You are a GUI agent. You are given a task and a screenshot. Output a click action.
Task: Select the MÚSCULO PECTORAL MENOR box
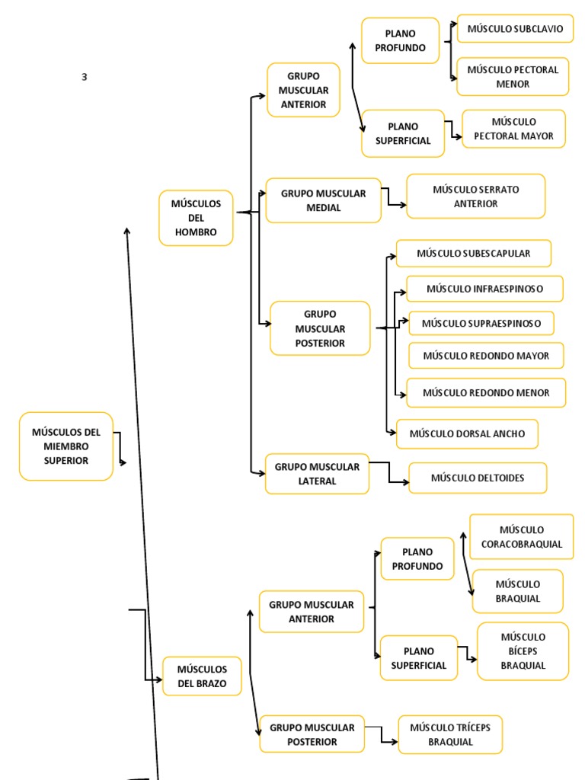513,76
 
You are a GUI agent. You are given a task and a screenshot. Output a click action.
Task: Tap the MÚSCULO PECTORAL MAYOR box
513,129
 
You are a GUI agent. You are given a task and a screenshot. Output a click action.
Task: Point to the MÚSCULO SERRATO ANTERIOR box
475,196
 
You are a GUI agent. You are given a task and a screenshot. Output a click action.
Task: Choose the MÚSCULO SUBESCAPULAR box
473,253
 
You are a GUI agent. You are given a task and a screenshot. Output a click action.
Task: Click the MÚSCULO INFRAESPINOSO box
484,289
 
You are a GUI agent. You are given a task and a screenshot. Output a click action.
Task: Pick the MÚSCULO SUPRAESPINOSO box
481,323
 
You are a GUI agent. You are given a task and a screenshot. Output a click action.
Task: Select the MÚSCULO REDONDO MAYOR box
485,356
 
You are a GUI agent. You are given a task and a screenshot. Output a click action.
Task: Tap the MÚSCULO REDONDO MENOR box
485,392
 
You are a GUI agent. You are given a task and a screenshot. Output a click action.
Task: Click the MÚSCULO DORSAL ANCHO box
466,433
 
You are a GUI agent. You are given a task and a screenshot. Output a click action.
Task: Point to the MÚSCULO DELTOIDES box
477,478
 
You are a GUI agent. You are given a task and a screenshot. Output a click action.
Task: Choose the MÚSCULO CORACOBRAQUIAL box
521,536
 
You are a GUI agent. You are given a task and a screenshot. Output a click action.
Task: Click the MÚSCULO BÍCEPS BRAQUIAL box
523,651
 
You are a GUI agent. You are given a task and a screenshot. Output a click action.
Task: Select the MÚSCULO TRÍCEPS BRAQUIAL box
450,734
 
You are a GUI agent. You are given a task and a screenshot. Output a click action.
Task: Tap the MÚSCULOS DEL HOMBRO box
196,218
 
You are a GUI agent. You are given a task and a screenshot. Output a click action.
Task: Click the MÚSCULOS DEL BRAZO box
202,676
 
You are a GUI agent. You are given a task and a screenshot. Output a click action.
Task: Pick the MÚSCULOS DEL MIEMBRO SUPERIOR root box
66,446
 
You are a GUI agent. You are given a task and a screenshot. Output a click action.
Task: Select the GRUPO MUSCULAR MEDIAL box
323,200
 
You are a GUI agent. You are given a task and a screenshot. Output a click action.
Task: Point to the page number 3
85,77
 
